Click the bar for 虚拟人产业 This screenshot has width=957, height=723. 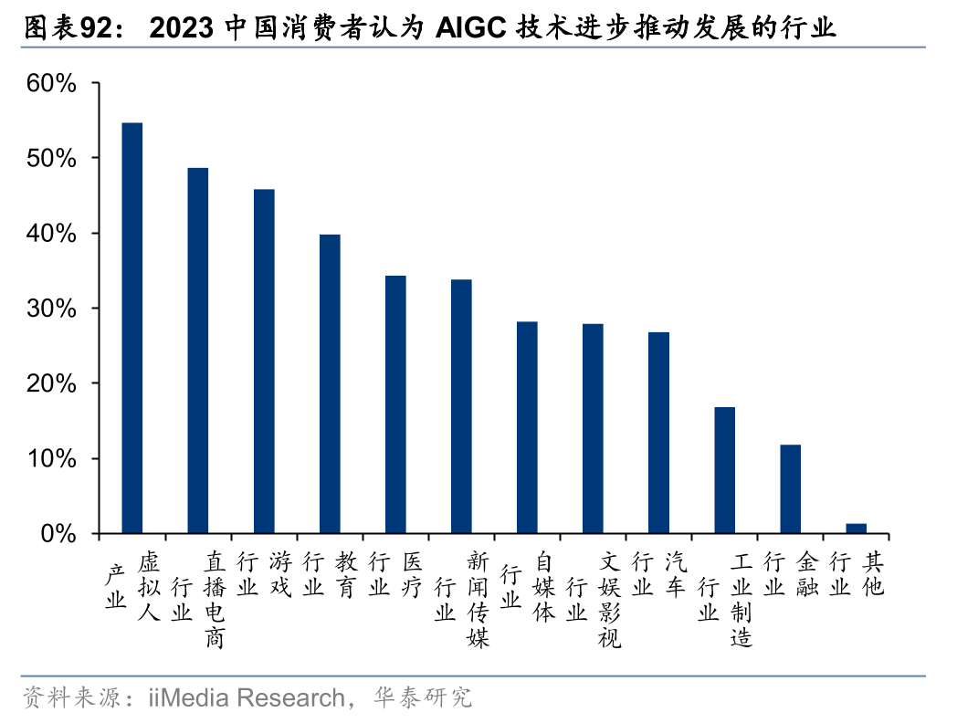(132, 328)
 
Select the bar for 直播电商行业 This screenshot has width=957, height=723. (198, 351)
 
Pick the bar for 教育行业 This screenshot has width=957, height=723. (330, 383)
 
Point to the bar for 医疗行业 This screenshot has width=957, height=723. (395, 404)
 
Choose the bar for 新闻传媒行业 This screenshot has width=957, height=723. (461, 406)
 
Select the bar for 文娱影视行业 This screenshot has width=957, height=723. (593, 428)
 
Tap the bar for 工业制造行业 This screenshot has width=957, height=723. (724, 470)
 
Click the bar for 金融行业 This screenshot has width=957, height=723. (790, 489)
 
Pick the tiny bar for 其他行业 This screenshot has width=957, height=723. (856, 529)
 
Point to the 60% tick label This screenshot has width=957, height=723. (51, 84)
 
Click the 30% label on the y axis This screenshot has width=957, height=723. (51, 309)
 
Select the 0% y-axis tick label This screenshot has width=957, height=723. (58, 533)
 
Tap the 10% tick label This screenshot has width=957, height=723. (51, 458)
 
